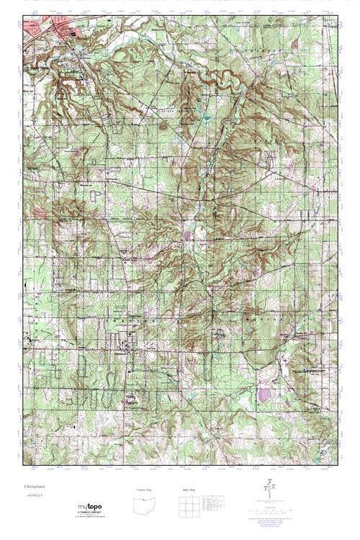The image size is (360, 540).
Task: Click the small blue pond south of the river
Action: click(x=207, y=115)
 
